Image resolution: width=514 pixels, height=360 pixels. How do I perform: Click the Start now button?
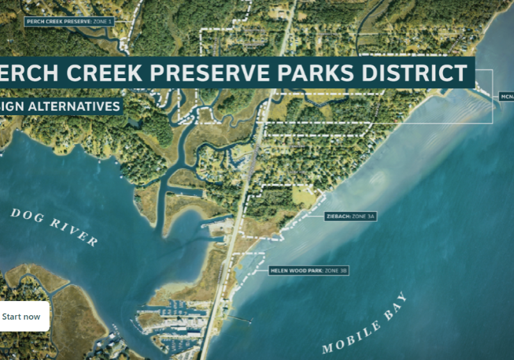[22, 316]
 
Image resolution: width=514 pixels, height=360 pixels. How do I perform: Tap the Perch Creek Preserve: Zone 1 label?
[69, 21]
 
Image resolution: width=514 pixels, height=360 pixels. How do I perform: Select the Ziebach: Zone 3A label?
[350, 217]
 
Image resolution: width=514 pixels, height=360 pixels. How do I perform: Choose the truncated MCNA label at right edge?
[506, 96]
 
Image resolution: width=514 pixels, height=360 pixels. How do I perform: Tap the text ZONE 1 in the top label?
[103, 21]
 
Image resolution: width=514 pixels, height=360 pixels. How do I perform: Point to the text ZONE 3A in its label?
[363, 217]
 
